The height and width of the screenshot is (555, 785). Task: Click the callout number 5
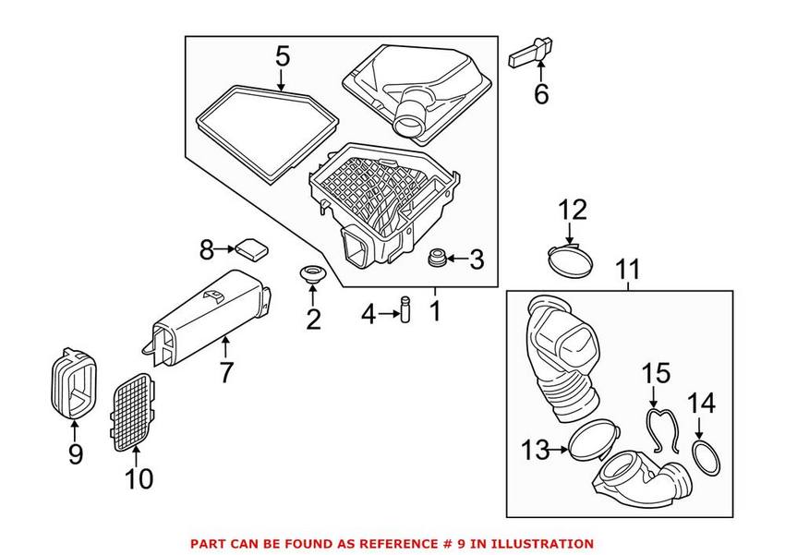click(x=282, y=56)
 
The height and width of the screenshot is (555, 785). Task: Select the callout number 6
click(x=540, y=93)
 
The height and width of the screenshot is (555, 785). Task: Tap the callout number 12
click(x=571, y=210)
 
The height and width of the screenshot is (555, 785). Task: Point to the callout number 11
click(x=628, y=270)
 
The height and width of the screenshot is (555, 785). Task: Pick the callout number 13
click(x=535, y=450)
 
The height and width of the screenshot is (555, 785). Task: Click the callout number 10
click(x=139, y=479)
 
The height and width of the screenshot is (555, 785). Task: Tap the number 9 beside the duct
click(x=76, y=453)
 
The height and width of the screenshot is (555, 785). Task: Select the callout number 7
click(x=226, y=372)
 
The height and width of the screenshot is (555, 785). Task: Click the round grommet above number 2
click(x=312, y=275)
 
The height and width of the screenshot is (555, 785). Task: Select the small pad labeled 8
click(x=250, y=247)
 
